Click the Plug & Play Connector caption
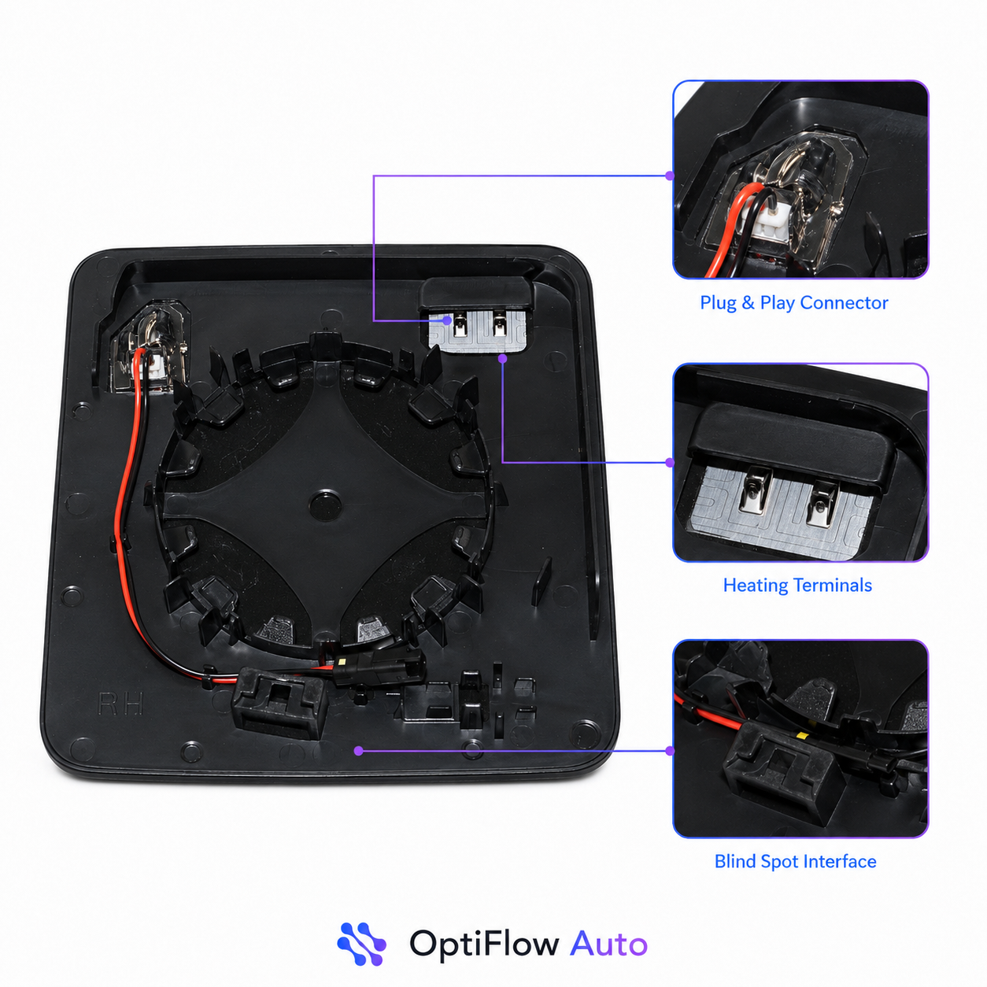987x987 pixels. point(793,303)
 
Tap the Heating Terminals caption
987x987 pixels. point(797,585)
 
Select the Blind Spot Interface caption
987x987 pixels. point(795,861)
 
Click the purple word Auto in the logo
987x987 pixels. point(608,943)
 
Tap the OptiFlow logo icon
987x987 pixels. point(361,944)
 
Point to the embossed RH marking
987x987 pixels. point(120,704)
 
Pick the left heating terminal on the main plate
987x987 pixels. point(460,326)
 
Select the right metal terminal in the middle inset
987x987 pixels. point(822,505)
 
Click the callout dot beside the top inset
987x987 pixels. point(670,176)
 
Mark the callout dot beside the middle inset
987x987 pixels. point(670,463)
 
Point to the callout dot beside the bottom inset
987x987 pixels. point(670,751)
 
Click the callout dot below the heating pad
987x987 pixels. point(502,359)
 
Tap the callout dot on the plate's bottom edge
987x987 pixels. point(359,751)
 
